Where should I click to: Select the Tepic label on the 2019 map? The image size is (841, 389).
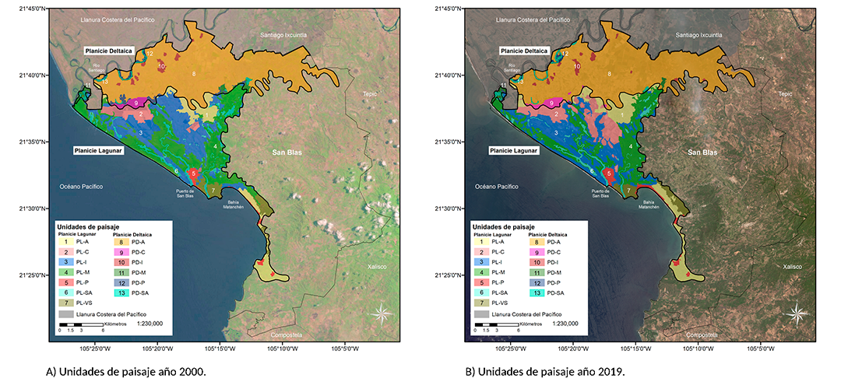785,93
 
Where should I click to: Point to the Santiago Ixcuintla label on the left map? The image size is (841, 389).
289,35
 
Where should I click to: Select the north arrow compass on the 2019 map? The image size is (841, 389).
797,314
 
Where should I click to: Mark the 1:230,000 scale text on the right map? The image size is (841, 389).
570,321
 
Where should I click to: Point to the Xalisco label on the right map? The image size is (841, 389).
793,266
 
